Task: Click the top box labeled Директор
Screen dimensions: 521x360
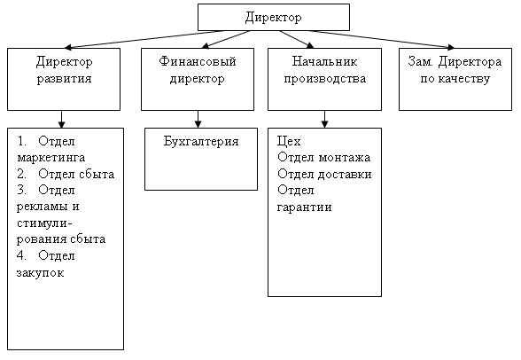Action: point(274,17)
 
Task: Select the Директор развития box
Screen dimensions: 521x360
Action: point(64,79)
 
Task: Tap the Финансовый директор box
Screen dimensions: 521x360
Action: point(198,79)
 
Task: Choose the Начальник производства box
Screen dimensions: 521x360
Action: point(324,79)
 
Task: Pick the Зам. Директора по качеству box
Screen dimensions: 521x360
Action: point(455,79)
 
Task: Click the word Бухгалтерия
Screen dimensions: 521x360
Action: point(201,141)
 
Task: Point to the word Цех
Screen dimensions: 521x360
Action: point(289,142)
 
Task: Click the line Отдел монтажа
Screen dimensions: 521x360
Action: point(324,157)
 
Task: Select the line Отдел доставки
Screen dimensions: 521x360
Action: point(324,174)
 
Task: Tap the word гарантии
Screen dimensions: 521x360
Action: point(305,207)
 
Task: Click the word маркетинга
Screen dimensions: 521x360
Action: point(51,158)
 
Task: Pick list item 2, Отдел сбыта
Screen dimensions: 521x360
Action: point(66,174)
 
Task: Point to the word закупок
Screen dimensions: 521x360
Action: point(40,273)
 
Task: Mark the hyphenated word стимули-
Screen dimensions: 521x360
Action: point(44,223)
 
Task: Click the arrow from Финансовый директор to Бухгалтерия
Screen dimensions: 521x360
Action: point(198,120)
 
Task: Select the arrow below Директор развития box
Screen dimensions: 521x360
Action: point(61,120)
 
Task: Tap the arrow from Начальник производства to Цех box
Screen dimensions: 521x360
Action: point(324,120)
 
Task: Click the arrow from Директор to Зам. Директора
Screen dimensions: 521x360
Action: point(381,39)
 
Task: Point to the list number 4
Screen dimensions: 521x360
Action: point(21,255)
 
